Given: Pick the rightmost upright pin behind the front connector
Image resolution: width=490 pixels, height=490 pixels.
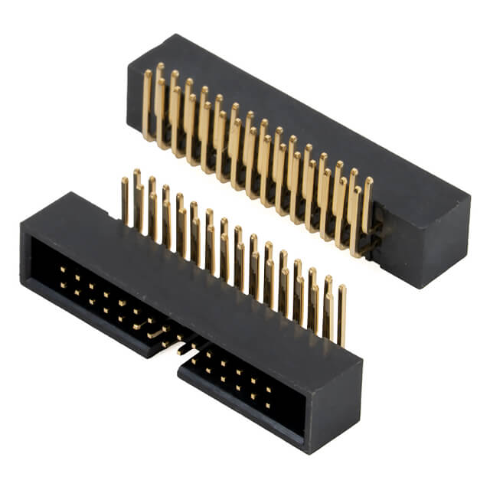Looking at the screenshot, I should click(341, 314).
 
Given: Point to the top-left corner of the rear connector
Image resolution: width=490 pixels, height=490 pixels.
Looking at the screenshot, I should click(130, 64).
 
